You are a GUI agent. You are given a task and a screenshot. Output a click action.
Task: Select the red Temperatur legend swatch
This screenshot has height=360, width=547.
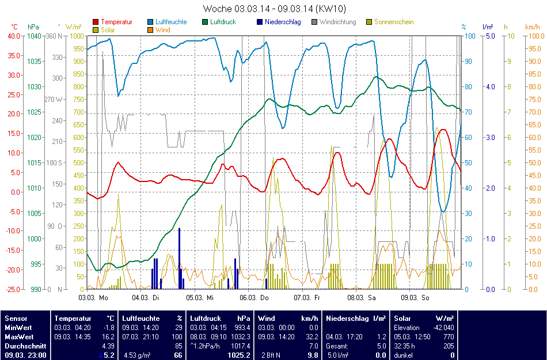click(x=96, y=22)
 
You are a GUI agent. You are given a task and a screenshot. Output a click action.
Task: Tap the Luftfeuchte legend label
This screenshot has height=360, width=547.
click(x=171, y=22)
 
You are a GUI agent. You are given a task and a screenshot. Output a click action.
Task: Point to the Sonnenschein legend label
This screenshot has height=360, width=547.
click(x=394, y=22)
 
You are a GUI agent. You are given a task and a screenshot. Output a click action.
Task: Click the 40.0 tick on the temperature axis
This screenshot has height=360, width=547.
click(x=13, y=36)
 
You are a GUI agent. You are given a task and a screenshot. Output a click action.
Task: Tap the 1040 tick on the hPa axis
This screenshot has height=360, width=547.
click(x=34, y=36)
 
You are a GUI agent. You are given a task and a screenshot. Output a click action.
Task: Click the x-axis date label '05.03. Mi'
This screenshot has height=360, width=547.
click(x=202, y=298)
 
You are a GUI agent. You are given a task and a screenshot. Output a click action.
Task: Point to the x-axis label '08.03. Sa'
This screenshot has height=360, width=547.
click(x=362, y=298)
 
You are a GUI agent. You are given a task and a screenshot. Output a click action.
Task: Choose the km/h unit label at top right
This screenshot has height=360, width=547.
click(x=532, y=27)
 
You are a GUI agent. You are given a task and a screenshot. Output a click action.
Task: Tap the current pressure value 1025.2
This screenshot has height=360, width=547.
click(x=238, y=355)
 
